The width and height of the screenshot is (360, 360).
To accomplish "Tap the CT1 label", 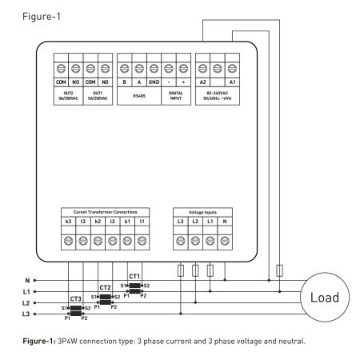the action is click(134, 276).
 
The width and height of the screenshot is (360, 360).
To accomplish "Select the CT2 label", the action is click(105, 287).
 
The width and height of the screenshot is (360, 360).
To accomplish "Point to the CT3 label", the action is click(76, 298).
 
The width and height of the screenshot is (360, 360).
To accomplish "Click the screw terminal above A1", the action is click(232, 69).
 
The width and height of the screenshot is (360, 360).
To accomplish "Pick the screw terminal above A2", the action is click(202, 69).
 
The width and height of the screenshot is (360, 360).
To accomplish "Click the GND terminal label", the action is click(154, 82).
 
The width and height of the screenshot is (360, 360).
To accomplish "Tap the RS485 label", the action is click(139, 96).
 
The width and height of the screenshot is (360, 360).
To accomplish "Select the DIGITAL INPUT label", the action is click(176, 96).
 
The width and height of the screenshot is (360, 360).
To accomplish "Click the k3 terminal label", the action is click(68, 222).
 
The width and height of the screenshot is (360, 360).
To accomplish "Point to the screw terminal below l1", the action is click(142, 241).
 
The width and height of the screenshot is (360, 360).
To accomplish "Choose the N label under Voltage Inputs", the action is click(225, 222).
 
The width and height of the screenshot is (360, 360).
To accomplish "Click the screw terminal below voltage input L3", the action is click(181, 241).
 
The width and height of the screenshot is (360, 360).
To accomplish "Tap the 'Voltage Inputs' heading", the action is click(202, 212).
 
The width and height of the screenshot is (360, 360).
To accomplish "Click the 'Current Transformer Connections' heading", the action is click(105, 212).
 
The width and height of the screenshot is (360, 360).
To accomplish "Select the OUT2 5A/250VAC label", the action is click(68, 96).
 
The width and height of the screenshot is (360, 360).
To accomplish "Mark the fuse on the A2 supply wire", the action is click(279, 270).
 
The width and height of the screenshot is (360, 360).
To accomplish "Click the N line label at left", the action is click(27, 281).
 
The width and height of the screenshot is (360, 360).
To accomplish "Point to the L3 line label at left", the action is click(26, 314).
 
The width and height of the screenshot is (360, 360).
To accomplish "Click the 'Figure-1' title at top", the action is click(42, 17).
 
